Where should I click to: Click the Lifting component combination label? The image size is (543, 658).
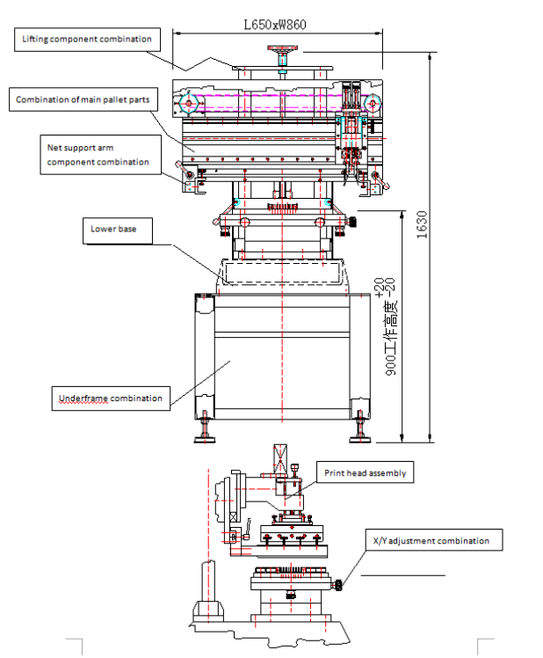pos(87,39)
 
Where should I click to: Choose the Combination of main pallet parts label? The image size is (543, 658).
pos(83,99)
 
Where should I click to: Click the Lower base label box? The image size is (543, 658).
pos(114,230)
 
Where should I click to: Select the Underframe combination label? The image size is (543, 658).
pos(111,398)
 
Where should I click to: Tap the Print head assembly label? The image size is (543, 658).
pos(365,473)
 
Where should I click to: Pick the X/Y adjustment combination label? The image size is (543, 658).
pos(426,541)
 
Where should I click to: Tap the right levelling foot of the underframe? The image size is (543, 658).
pos(360,432)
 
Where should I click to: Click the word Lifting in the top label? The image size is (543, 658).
pos(36,39)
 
